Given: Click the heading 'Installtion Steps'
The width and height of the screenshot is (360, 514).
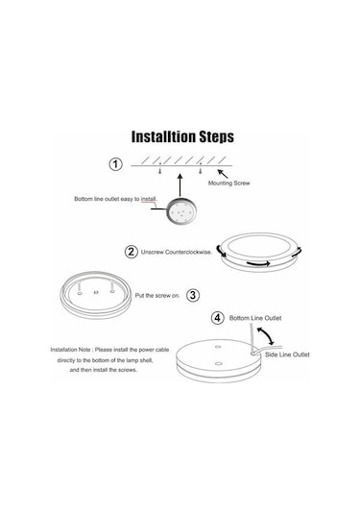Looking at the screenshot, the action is tap(182, 136).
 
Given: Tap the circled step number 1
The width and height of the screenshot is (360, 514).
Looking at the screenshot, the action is tap(115, 164).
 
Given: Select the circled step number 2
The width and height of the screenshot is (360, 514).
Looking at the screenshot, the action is tap(131, 252).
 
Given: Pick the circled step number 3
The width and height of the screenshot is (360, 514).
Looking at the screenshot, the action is tap(193, 295).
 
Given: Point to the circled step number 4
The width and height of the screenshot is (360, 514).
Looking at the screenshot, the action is tap(218, 318).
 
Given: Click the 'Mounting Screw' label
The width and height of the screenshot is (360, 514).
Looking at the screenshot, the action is tap(229, 183).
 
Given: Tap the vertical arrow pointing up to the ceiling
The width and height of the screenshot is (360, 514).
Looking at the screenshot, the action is tap(180, 185).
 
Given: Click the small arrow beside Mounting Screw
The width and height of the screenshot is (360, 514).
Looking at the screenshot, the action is tap(223, 173).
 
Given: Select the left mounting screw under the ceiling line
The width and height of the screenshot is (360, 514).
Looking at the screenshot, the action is tap(160, 171).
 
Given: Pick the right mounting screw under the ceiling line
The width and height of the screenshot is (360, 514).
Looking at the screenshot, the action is tap(200, 171).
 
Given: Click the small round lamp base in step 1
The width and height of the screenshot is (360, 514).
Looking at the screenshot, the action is tap(181, 211).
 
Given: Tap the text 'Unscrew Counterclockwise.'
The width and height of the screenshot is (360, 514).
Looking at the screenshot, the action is tap(177, 252).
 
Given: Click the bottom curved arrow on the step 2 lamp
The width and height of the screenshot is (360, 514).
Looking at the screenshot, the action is tap(258, 263).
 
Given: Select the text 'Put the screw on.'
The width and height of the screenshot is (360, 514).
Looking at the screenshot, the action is tap(157, 295).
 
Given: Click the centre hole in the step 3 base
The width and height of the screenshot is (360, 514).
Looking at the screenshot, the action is tap(96, 292).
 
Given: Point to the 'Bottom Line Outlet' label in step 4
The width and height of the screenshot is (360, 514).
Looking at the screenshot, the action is tap(255, 318).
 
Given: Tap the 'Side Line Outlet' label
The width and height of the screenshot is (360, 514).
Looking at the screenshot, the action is tap(287, 355).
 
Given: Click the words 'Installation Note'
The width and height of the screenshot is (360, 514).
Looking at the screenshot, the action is tap(70, 350).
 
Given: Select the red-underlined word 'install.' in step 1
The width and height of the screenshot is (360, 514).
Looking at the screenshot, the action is tap(149, 199).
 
